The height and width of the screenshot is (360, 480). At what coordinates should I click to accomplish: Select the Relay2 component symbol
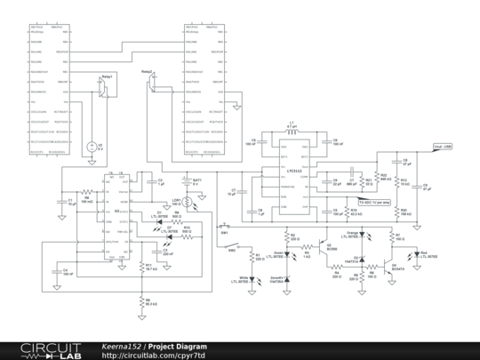pyautogui.click(x=153, y=84)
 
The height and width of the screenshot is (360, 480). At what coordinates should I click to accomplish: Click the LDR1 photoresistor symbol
pyautogui.click(x=188, y=202)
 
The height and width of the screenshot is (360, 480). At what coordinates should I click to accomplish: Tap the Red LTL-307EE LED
pyautogui.click(x=412, y=254)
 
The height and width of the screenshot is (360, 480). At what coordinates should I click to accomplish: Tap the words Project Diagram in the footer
pyautogui.click(x=177, y=346)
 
